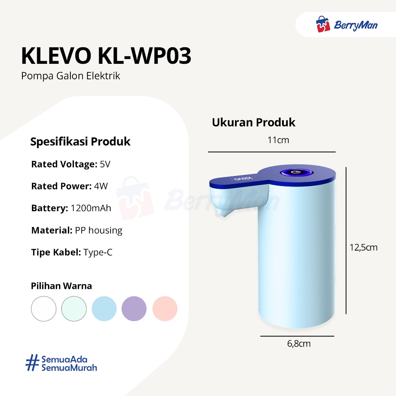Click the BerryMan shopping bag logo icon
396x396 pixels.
coord(323,24)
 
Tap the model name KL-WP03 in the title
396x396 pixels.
coord(145,56)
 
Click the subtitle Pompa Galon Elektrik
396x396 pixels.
coord(70,76)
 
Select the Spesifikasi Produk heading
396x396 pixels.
coord(80,142)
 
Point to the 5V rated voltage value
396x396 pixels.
coord(105,164)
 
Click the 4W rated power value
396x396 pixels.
coord(101,186)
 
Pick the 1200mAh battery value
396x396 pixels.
coord(90,208)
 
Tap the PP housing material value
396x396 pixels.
coord(99,230)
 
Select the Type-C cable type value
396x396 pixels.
coord(98,253)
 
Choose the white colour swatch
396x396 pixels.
coord(44,309)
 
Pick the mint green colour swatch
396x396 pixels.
coord(74,309)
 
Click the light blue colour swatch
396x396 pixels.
coord(104,309)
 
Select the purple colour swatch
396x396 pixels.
coord(134,309)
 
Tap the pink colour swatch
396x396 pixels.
coord(165,309)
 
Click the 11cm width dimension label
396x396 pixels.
coord(278,140)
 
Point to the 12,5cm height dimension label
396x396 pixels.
coord(364,247)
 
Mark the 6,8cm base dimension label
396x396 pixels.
coord(299,344)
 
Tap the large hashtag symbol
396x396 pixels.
coord(32,363)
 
